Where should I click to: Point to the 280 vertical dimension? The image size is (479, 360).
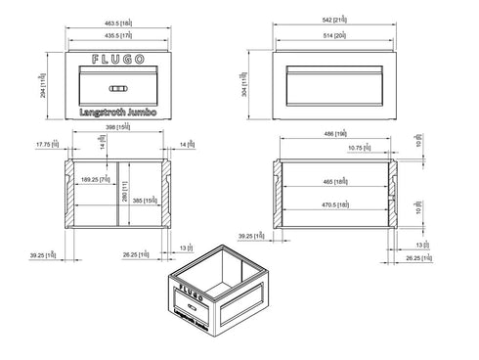coord(125,197)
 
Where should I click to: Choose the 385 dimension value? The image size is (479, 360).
coord(144,201)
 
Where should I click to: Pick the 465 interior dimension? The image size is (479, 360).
coord(335,182)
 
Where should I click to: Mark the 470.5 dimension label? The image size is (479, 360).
coord(335,203)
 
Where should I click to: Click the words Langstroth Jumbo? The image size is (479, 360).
coord(116,114)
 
